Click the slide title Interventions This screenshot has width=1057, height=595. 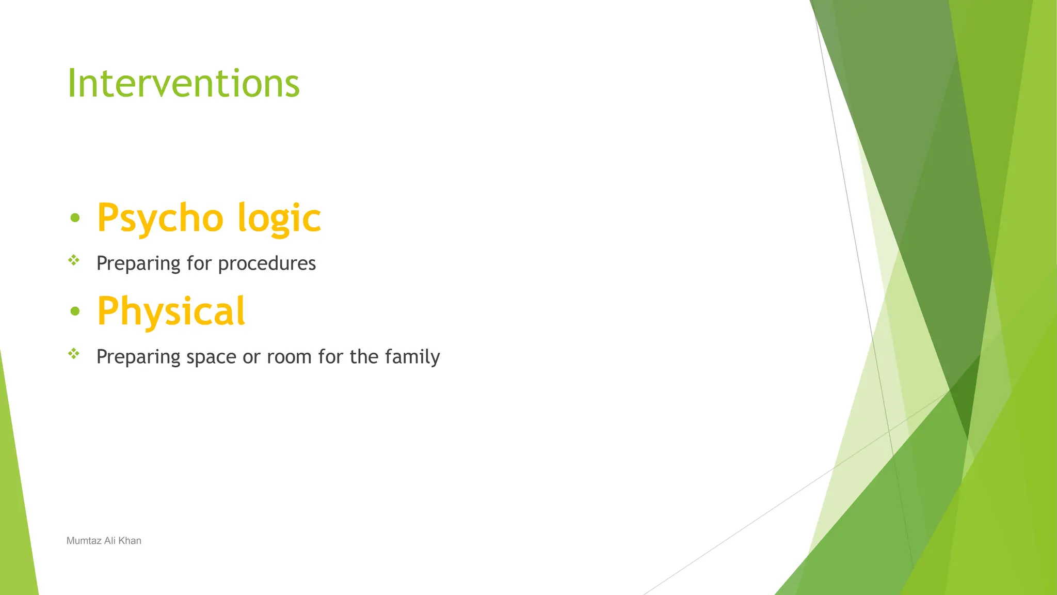coord(183,83)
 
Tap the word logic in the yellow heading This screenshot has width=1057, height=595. coord(279,218)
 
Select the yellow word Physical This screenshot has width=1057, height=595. coord(171,311)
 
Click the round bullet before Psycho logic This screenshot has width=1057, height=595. coord(75,218)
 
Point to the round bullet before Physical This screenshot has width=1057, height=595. coord(75,311)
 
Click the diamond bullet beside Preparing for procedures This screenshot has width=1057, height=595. coord(74,260)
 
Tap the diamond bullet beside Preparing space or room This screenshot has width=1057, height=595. coord(74,354)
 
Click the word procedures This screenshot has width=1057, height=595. coord(267,264)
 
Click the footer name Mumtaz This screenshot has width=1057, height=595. coord(84,541)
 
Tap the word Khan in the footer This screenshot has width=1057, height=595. coord(130,541)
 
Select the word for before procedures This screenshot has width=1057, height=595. coord(199,263)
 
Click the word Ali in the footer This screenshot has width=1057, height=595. coord(109,541)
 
